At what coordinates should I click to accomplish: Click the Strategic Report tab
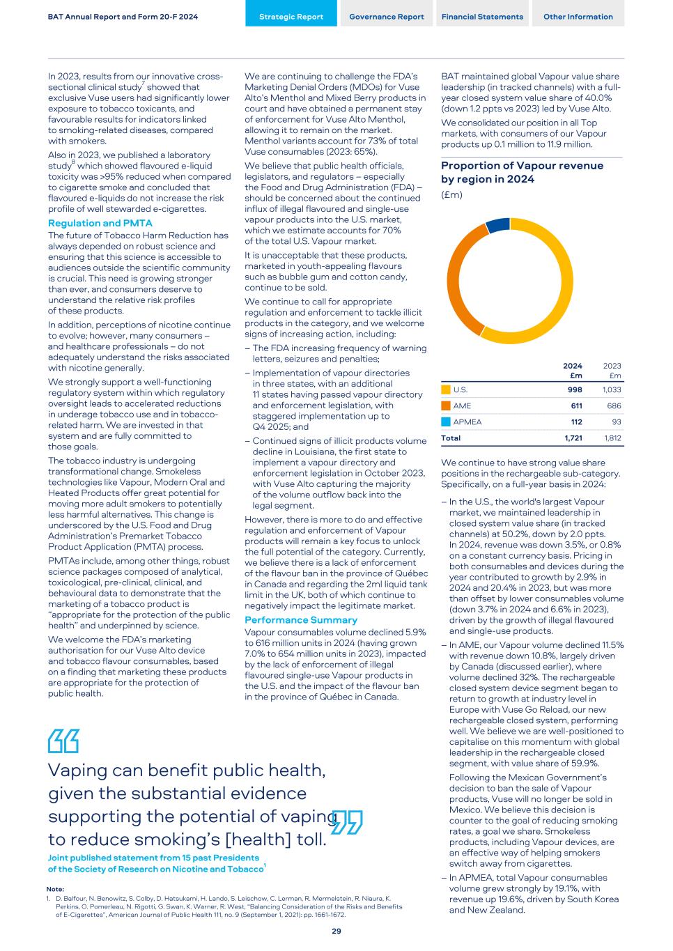pos(291,17)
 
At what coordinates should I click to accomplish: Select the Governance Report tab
pos(386,17)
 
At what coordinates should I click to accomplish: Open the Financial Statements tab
pos(482,17)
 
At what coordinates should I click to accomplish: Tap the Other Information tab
pos(578,17)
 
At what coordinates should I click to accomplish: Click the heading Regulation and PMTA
pos(100,224)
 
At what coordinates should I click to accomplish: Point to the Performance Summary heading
pos(301,620)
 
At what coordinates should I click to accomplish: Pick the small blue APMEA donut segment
pos(497,224)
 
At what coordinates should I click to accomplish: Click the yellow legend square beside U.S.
pos(446,389)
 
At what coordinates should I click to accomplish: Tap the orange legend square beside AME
pos(446,405)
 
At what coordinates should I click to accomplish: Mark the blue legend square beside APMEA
pos(446,422)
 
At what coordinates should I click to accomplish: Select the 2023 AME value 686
pos(613,405)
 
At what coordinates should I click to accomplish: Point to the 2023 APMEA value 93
pos(615,422)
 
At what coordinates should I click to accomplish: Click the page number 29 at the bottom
pos(336,931)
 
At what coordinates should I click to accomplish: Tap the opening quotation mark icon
pos(63,741)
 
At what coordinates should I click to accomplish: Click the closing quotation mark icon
pos(348,822)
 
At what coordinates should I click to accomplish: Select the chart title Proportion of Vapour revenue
pos(522,166)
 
